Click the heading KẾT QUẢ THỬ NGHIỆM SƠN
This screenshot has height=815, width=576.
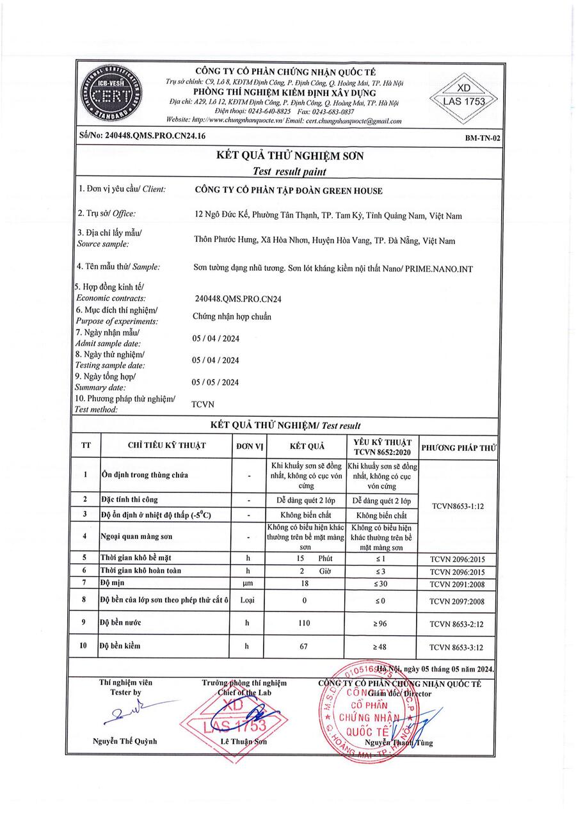point(289,156)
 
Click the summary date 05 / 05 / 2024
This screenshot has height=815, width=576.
point(216,382)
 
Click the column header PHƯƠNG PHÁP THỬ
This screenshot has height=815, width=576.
point(458,446)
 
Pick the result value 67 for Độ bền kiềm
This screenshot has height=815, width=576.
point(304,647)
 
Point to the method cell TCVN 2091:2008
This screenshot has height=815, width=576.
point(458,583)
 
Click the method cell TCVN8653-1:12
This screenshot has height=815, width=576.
point(458,505)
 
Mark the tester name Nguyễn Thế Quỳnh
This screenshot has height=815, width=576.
point(125,741)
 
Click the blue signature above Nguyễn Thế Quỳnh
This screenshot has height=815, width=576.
point(131,713)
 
